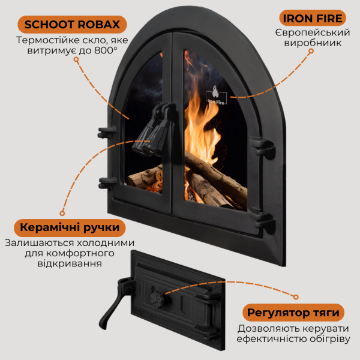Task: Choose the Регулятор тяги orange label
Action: [293, 313]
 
